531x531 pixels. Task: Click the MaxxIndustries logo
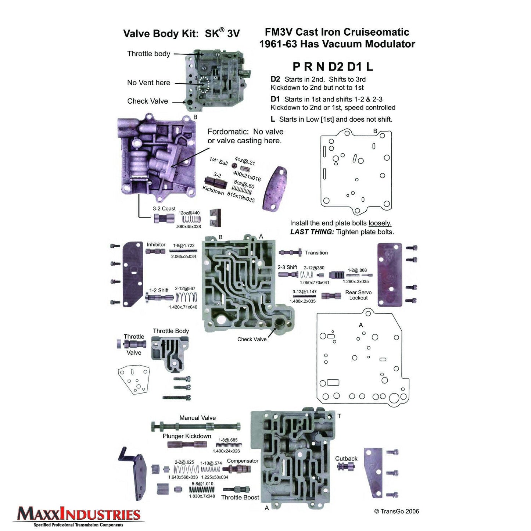(78, 516)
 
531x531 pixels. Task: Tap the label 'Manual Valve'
(197, 418)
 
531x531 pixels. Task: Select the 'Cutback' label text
(346, 459)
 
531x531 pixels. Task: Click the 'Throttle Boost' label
(240, 498)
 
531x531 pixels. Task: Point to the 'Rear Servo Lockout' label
(358, 295)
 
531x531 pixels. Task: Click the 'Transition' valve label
(316, 253)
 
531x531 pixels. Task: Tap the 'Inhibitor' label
(156, 245)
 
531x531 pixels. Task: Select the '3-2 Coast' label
(164, 209)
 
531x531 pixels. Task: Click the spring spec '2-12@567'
(185, 289)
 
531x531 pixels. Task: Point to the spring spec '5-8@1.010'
(202, 484)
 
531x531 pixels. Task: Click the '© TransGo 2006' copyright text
(396, 512)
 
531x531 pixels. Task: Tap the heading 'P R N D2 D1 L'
(333, 67)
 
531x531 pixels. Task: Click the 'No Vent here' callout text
(148, 83)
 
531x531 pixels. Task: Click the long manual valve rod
(196, 427)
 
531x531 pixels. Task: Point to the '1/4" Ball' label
(218, 161)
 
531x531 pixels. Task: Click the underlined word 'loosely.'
(380, 223)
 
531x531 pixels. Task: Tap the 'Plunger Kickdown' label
(187, 436)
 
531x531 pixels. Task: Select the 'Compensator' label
(243, 461)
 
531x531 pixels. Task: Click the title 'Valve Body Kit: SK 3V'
(181, 33)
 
